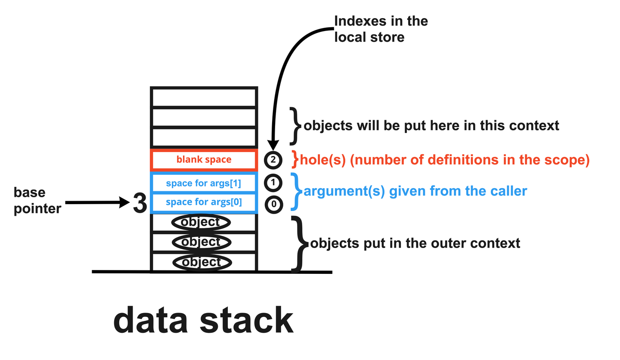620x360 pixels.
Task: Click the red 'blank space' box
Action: [x=204, y=160]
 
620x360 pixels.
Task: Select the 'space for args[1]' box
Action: [x=204, y=183]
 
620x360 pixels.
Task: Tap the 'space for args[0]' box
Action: [x=204, y=202]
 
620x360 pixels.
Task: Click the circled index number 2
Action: [x=273, y=160]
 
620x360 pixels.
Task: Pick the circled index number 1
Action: [x=273, y=183]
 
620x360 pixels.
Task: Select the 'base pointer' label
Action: [x=37, y=201]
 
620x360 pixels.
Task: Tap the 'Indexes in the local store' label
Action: [x=381, y=29]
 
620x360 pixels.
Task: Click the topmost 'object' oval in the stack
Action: [x=201, y=223]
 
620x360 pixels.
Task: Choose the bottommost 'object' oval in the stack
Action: [x=201, y=262]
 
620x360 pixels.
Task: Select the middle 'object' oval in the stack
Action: [x=201, y=242]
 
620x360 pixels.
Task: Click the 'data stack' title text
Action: [x=203, y=321]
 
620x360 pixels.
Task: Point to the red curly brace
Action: [x=295, y=159]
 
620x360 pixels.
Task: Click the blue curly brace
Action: [x=296, y=191]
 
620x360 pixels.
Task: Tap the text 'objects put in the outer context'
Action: [x=415, y=243]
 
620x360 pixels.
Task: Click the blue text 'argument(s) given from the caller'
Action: [x=415, y=191]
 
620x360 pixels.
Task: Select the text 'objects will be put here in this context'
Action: [x=431, y=126]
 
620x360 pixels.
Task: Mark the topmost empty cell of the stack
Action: [x=204, y=98]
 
